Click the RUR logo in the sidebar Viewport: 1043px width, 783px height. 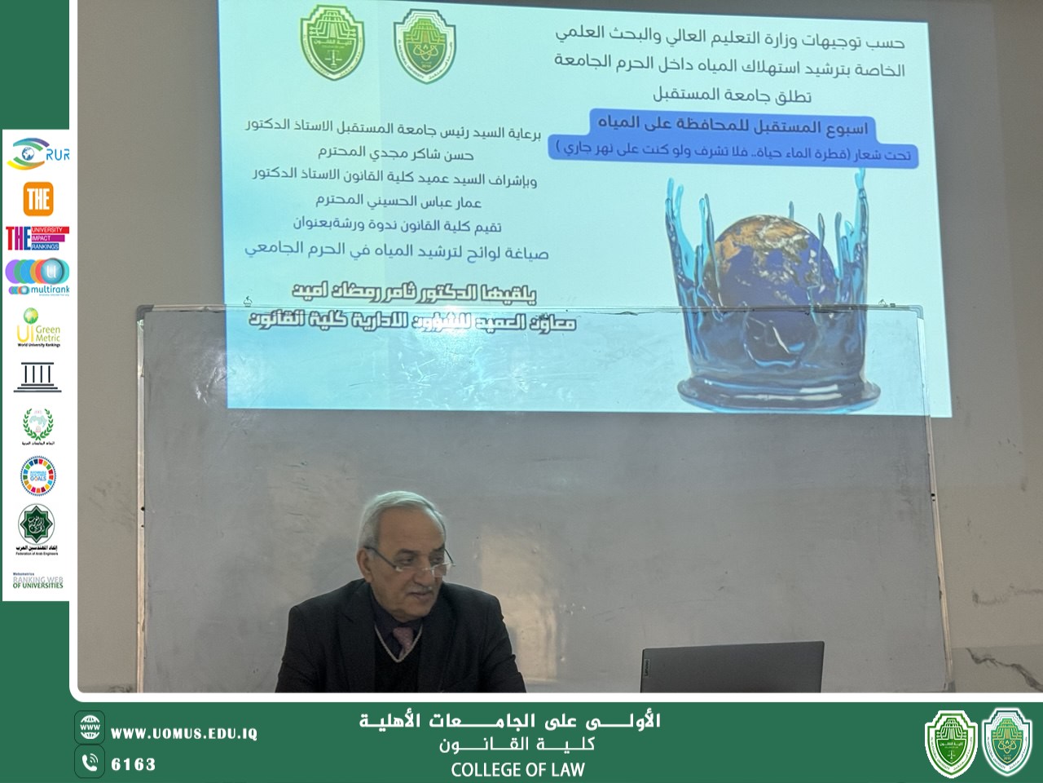[x=37, y=154]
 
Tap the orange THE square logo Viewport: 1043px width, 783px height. [x=37, y=198]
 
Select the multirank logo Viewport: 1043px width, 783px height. [x=37, y=276]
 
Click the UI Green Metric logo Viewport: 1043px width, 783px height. [x=37, y=327]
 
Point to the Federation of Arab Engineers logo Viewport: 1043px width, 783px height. [x=37, y=529]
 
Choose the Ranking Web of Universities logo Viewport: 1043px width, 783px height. [x=37, y=581]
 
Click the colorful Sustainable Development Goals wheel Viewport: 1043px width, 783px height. [x=37, y=476]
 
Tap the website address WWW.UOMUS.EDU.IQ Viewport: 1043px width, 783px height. [x=183, y=733]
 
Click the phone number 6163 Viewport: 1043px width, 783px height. [x=133, y=764]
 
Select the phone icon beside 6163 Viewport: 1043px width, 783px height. [x=90, y=763]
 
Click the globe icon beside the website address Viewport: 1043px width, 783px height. [x=90, y=727]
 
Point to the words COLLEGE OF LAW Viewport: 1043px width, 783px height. [x=517, y=768]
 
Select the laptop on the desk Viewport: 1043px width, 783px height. [x=733, y=666]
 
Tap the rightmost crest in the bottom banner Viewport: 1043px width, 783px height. [x=1006, y=742]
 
